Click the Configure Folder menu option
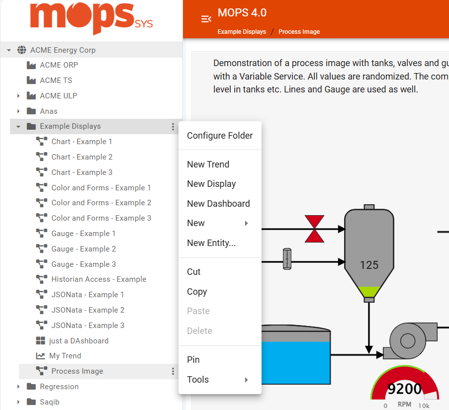pyautogui.click(x=220, y=136)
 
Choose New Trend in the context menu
pyautogui.click(x=208, y=164)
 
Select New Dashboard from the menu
pyautogui.click(x=218, y=204)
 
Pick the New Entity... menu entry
pyautogui.click(x=211, y=243)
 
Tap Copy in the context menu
pyautogui.click(x=197, y=292)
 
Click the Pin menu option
pyautogui.click(x=193, y=360)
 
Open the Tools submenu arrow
pyautogui.click(x=247, y=380)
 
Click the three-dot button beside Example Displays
pyautogui.click(x=173, y=127)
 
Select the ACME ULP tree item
pyautogui.click(x=59, y=96)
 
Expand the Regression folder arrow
pyautogui.click(x=18, y=387)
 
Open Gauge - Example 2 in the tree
pyautogui.click(x=84, y=249)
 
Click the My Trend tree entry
pyautogui.click(x=65, y=356)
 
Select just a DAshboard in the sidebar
pyautogui.click(x=79, y=341)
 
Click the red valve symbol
pyautogui.click(x=314, y=229)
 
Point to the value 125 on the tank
pyautogui.click(x=369, y=265)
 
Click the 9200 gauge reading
pyautogui.click(x=404, y=389)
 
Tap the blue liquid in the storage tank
pyautogui.click(x=296, y=363)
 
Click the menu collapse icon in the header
pyautogui.click(x=206, y=19)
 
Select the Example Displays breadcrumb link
pyautogui.click(x=242, y=32)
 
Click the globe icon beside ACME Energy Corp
pyautogui.click(x=22, y=50)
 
